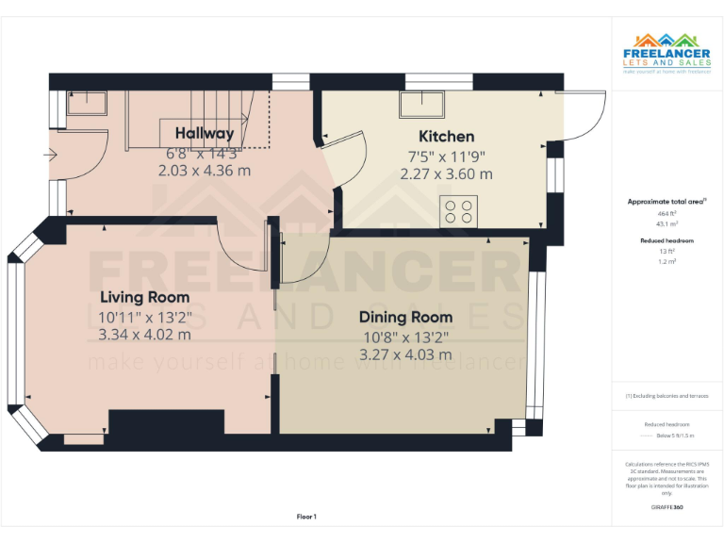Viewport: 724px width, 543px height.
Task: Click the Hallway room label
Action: pyautogui.click(x=205, y=133)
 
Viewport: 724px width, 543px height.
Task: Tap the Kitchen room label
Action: pyautogui.click(x=446, y=136)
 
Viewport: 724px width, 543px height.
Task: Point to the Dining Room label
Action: pyautogui.click(x=405, y=317)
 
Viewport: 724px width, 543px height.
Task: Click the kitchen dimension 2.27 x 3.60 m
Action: pyautogui.click(x=446, y=173)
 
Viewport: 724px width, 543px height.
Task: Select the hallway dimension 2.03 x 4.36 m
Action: pyautogui.click(x=205, y=171)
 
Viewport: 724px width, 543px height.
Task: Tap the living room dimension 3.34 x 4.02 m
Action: pyautogui.click(x=145, y=334)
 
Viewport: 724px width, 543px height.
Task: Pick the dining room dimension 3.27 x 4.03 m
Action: pyautogui.click(x=405, y=354)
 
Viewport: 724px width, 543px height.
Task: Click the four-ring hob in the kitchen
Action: pyautogui.click(x=459, y=210)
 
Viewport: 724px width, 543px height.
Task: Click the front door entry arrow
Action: pyautogui.click(x=50, y=154)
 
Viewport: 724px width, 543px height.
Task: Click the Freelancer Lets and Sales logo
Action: pyautogui.click(x=666, y=53)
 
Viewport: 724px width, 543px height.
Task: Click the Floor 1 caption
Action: pyautogui.click(x=306, y=517)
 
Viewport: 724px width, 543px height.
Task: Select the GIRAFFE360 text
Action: pyautogui.click(x=666, y=507)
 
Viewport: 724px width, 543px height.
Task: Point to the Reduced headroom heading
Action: pyautogui.click(x=666, y=240)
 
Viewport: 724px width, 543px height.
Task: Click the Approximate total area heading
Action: pyautogui.click(x=666, y=202)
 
